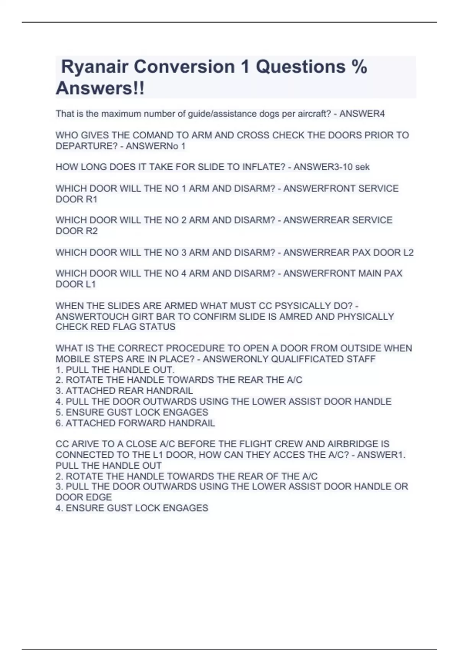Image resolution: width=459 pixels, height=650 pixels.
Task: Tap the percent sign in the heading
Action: pyautogui.click(x=359, y=67)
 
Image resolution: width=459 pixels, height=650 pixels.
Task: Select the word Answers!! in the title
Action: pyautogui.click(x=100, y=89)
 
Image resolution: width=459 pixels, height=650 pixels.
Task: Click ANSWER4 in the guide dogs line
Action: pyautogui.click(x=362, y=114)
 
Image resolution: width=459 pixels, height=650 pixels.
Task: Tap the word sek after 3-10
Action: pyautogui.click(x=362, y=167)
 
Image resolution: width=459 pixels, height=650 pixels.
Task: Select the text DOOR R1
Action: pyautogui.click(x=76, y=199)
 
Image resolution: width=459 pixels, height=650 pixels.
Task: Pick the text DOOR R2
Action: pyautogui.click(x=76, y=231)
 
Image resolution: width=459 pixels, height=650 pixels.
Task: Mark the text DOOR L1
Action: pyautogui.click(x=76, y=284)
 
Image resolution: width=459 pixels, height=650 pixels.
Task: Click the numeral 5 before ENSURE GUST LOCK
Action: pyautogui.click(x=58, y=413)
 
